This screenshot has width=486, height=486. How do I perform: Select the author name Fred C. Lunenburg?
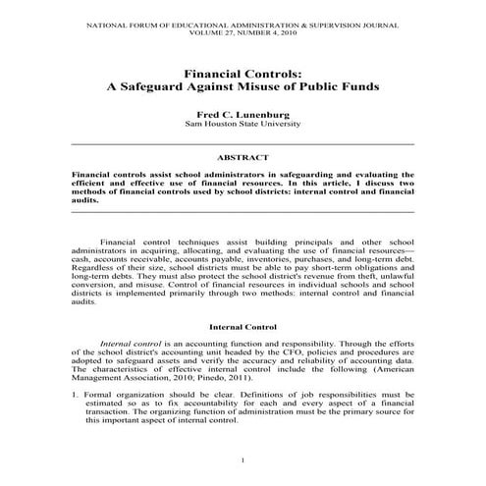[x=243, y=114]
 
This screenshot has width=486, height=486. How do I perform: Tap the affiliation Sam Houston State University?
[x=243, y=126]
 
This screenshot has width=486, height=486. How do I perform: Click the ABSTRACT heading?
[x=243, y=157]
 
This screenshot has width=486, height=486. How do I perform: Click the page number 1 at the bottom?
[x=243, y=459]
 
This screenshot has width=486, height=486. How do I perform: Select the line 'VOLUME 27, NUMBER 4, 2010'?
[x=243, y=29]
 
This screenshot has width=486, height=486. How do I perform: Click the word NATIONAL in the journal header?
[x=86, y=21]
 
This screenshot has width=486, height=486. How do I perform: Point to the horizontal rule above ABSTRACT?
[x=243, y=144]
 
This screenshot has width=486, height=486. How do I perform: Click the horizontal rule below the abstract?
[x=243, y=211]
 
